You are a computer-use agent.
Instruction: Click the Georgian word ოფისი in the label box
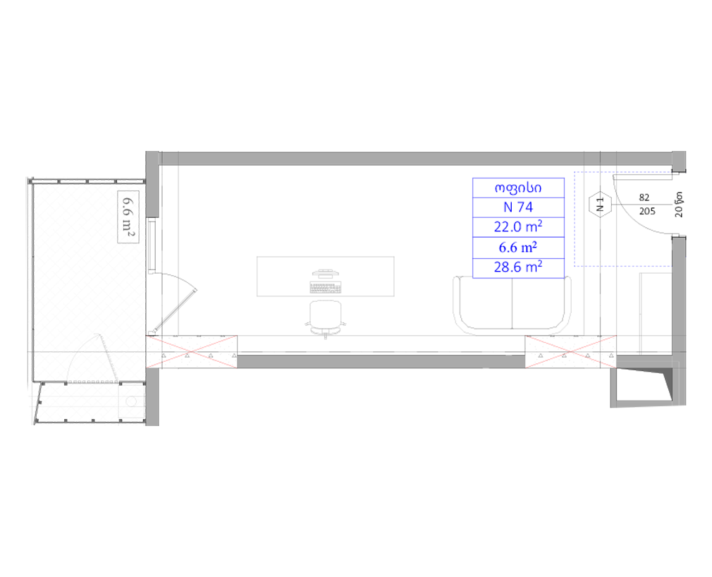coord(518,188)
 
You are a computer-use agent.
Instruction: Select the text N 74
coord(518,207)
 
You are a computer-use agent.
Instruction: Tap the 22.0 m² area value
coord(518,227)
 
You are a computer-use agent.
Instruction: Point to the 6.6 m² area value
coord(518,247)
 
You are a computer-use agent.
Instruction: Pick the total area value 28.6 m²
coord(518,267)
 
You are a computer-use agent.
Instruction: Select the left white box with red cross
coord(191,351)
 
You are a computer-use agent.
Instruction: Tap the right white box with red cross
coord(571,351)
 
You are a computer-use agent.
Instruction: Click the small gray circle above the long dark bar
coord(325,341)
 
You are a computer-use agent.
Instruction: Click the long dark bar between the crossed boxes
coord(377,348)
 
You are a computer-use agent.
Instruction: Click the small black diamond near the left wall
coord(188,280)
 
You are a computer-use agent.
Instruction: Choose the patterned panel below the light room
coord(88,404)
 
